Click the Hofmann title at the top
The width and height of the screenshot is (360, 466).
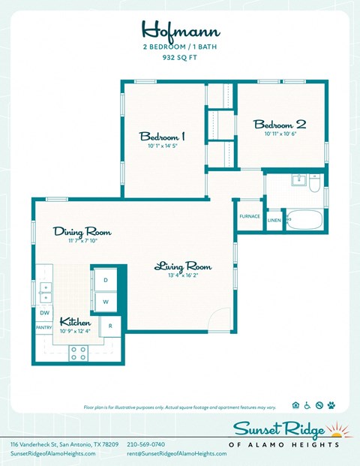pos(179,29)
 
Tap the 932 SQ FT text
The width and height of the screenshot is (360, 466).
pos(180,57)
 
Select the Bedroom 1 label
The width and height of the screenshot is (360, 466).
pos(162,137)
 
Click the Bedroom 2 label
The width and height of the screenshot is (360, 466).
pos(280,124)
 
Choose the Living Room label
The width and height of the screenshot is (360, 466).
pos(183,266)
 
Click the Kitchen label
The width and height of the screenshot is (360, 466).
pos(76,321)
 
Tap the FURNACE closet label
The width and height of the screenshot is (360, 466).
pos(250,216)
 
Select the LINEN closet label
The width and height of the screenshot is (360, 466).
pos(274,221)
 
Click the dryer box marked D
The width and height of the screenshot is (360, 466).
pos(106,280)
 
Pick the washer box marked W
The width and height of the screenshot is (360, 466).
pos(106,302)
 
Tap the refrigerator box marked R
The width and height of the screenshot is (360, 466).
pos(111,326)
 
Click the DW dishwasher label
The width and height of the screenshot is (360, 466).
pos(44,312)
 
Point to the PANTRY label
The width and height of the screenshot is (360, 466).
pos(43,328)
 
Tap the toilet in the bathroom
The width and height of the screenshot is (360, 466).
pos(315,182)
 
